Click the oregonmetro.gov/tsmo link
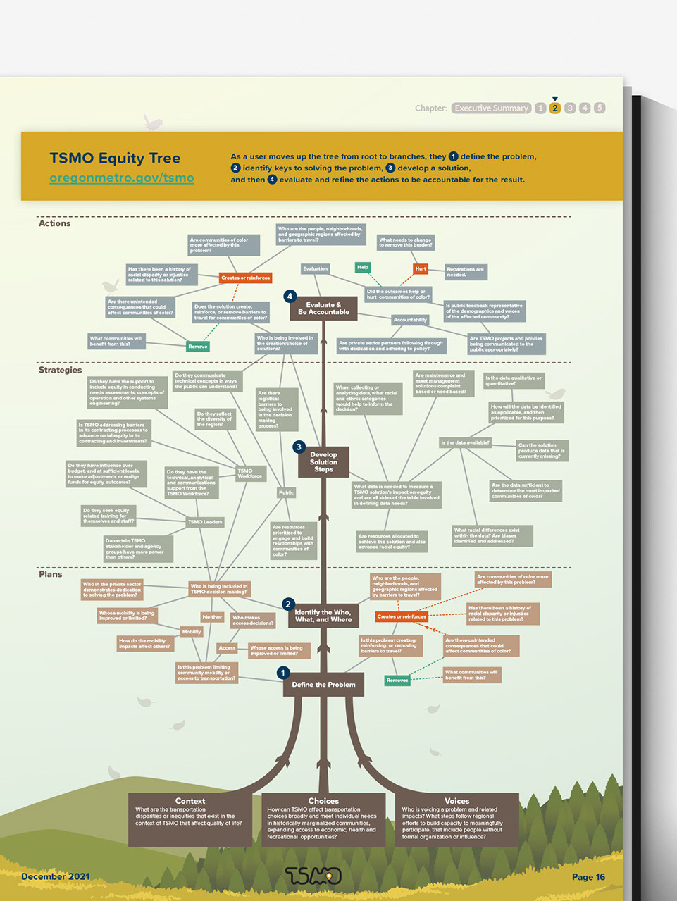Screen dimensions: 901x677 click(x=121, y=178)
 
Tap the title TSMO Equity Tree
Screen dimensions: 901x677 click(x=115, y=159)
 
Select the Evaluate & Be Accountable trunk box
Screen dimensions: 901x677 click(x=323, y=309)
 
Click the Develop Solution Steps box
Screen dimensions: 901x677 click(x=323, y=462)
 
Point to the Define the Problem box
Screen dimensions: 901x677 click(x=323, y=685)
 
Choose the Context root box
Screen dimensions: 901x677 click(x=190, y=819)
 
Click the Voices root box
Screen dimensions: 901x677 click(x=456, y=819)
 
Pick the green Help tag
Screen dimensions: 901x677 click(x=363, y=267)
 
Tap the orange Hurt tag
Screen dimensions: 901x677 click(x=421, y=268)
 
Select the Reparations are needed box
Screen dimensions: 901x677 click(x=466, y=271)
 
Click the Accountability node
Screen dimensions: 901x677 click(x=410, y=320)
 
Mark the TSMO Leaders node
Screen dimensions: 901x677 click(x=205, y=522)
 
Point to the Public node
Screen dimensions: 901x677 click(x=286, y=492)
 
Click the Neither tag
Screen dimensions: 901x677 click(x=212, y=617)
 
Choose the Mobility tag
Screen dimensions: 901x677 click(x=192, y=632)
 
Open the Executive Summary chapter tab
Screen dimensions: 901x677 click(x=491, y=108)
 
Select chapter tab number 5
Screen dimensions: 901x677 click(x=600, y=108)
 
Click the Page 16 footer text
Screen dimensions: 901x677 click(x=588, y=877)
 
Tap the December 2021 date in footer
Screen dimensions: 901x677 click(x=56, y=876)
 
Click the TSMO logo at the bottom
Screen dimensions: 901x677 click(x=313, y=876)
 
